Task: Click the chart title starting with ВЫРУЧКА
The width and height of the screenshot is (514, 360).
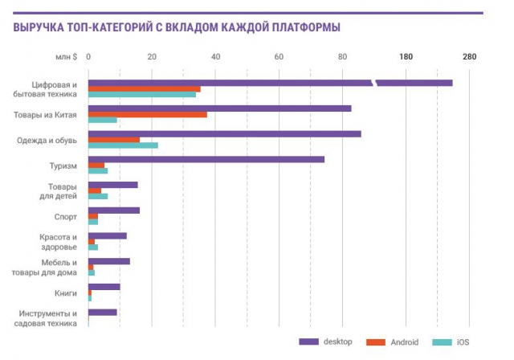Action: click(176, 27)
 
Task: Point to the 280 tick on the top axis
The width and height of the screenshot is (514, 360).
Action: click(470, 56)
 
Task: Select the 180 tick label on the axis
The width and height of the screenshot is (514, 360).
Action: click(406, 56)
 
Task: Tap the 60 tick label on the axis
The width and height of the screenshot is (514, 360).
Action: click(279, 56)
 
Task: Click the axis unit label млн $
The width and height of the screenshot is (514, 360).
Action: click(66, 56)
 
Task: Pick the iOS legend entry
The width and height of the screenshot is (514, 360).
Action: click(451, 342)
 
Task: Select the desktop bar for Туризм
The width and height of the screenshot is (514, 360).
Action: click(206, 159)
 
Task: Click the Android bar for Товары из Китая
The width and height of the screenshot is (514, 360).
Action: click(148, 114)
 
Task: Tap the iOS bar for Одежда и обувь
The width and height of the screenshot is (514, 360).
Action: click(123, 145)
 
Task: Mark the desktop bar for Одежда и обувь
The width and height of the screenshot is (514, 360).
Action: click(225, 133)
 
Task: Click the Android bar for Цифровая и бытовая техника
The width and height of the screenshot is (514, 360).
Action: click(145, 88)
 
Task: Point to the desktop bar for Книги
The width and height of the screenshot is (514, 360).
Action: click(104, 287)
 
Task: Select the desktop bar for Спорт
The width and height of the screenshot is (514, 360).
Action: click(114, 211)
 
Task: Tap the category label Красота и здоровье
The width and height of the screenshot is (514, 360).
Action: click(59, 242)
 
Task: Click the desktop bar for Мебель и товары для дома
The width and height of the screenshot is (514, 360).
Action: click(109, 261)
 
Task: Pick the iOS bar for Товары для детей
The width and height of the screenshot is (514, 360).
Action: click(98, 196)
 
